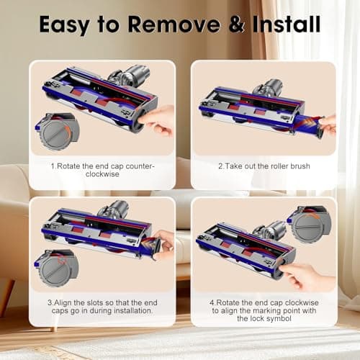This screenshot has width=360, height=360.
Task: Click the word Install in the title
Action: click(x=282, y=24)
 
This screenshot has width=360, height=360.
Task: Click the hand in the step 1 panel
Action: click(x=160, y=119)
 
